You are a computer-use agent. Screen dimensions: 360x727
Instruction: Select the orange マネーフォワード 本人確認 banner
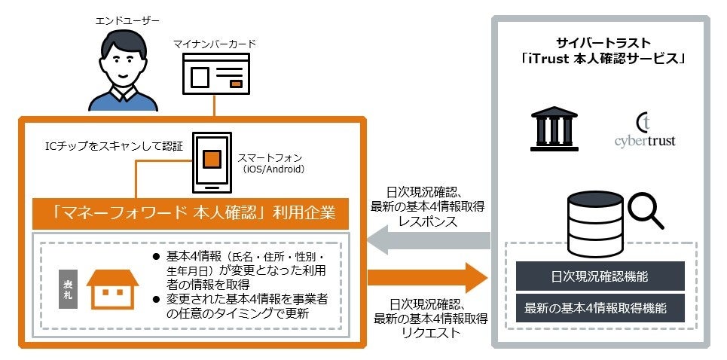tap(191, 214)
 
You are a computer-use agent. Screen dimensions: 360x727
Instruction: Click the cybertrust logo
tap(645, 130)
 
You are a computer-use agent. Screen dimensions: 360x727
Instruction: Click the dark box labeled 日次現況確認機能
tap(600, 276)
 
